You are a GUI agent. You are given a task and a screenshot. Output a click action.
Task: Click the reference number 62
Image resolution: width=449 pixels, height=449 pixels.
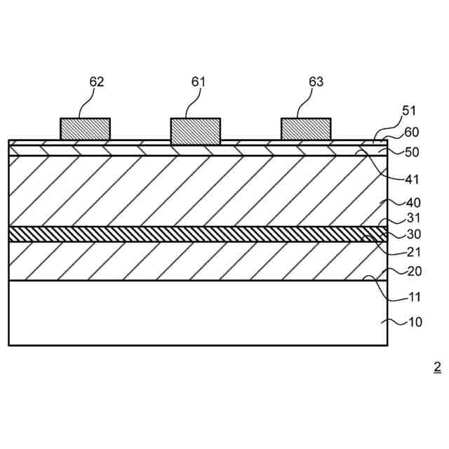[97, 82]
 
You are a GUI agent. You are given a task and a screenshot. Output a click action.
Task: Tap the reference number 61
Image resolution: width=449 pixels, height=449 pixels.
[199, 82]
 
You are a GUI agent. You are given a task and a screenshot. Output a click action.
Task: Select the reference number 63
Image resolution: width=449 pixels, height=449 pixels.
[316, 82]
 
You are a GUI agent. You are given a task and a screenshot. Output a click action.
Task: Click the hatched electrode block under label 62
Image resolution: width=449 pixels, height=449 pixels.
[85, 129]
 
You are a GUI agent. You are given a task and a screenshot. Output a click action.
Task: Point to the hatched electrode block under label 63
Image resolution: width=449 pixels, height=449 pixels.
[306, 129]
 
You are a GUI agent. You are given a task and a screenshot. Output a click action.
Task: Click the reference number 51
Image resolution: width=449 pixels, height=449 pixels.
[409, 110]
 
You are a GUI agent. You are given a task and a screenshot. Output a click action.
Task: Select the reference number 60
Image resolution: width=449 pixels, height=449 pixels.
[412, 132]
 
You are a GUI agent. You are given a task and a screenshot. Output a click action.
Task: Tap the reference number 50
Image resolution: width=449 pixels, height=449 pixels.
[413, 152]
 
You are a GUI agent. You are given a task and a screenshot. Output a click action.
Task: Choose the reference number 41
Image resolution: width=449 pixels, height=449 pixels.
[413, 179]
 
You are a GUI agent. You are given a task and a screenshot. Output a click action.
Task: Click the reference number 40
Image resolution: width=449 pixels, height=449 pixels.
[414, 203]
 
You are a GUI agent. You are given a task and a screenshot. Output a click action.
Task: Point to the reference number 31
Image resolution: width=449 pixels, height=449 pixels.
[414, 219]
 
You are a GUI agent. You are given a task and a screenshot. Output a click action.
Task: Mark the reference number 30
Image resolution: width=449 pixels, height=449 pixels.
[414, 234]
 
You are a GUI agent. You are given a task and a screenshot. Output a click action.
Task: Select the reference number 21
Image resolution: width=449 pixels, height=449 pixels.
[414, 252]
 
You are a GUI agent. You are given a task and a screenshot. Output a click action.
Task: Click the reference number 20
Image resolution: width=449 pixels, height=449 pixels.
[415, 272]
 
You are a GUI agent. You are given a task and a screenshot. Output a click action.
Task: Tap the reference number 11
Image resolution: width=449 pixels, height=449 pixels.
[415, 297]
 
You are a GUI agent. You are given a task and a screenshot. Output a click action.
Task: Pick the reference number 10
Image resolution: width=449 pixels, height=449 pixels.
[415, 323]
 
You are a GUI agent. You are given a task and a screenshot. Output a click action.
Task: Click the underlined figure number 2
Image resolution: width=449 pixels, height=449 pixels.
[437, 366]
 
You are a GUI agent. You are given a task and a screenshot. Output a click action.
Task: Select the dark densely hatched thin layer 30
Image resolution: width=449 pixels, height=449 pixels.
[196, 234]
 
